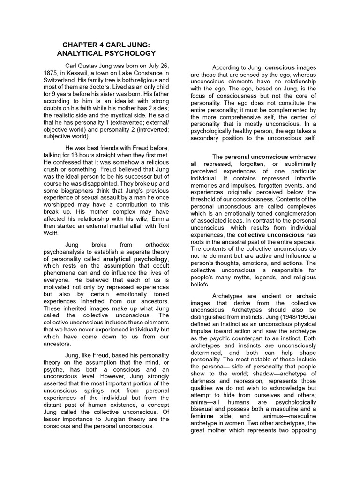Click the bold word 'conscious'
(280, 68)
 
